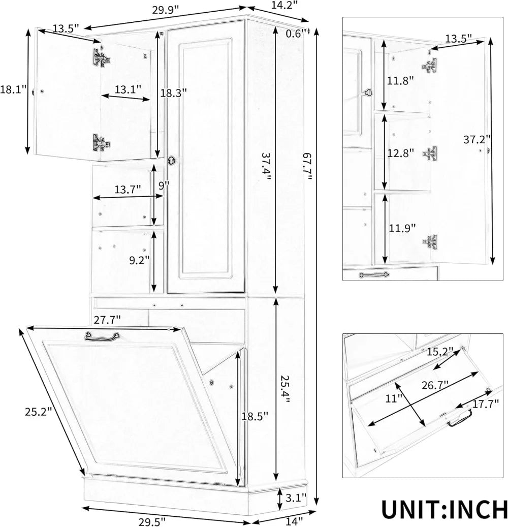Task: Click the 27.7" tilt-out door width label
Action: pyautogui.click(x=107, y=320)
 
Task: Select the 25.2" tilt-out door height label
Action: pyautogui.click(x=39, y=412)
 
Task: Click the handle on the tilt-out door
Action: pyautogui.click(x=102, y=335)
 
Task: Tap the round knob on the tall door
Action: pyautogui.click(x=173, y=160)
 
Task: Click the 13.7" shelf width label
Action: pyautogui.click(x=127, y=190)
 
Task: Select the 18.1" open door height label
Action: pyautogui.click(x=13, y=89)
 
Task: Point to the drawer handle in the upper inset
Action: pyautogui.click(x=375, y=275)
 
